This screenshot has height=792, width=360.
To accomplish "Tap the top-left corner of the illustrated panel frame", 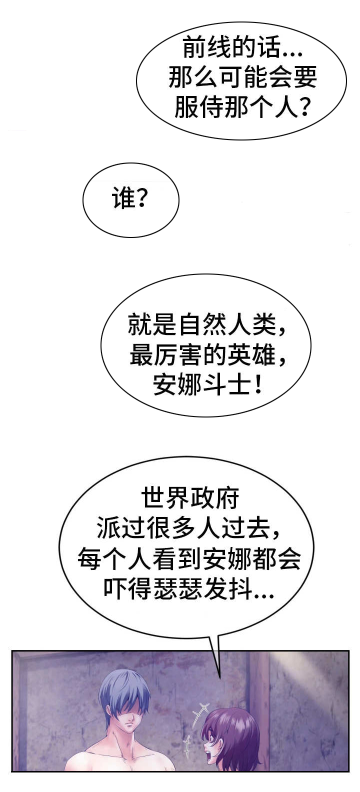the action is click(11, 650).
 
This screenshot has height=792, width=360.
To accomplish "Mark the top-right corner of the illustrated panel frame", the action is click(349, 650).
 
